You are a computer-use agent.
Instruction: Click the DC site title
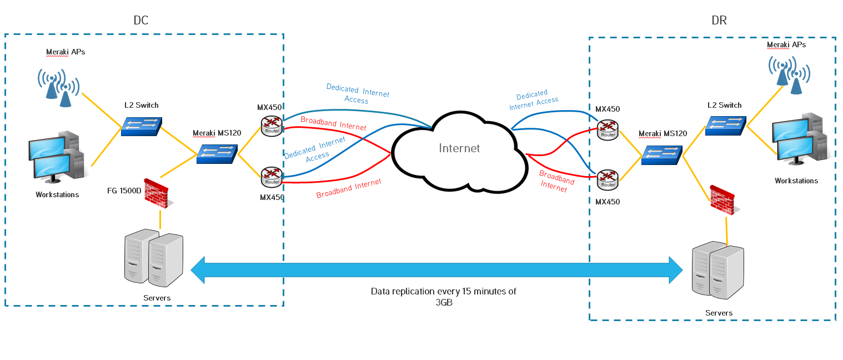click(x=141, y=21)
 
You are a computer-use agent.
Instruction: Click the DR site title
click(x=719, y=21)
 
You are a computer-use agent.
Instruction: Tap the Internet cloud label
click(x=459, y=148)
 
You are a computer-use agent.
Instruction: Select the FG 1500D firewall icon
click(x=155, y=193)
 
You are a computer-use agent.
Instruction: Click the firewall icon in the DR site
click(x=722, y=200)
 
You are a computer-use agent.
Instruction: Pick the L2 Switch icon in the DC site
click(x=142, y=126)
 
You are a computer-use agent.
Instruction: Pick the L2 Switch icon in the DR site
click(x=725, y=125)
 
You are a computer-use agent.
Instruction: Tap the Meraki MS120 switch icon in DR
click(x=661, y=154)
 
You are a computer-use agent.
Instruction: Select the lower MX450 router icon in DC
click(x=272, y=176)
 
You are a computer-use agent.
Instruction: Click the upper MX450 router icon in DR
click(x=608, y=129)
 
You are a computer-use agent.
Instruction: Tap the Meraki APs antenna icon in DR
click(x=789, y=74)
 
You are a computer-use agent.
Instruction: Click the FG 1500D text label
click(x=124, y=191)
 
